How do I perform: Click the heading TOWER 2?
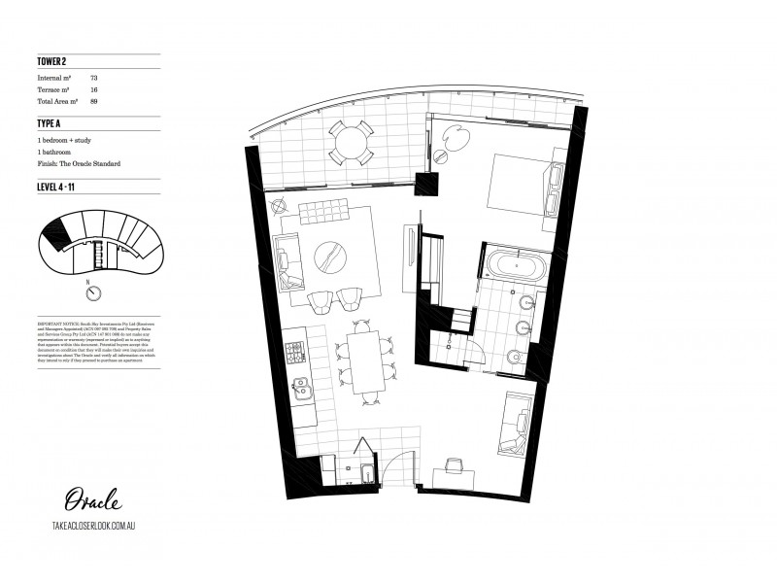pyautogui.click(x=51, y=63)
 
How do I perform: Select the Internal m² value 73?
pyautogui.click(x=93, y=76)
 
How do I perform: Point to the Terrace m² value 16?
pyautogui.click(x=93, y=88)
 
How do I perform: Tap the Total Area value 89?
pyautogui.click(x=93, y=101)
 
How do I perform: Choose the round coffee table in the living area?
pyautogui.click(x=333, y=255)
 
